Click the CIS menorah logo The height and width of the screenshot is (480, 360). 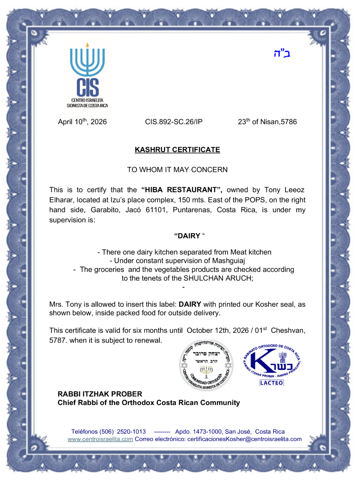pos(87,75)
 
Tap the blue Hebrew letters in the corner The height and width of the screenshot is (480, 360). pos(282,53)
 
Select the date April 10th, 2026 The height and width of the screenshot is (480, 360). pos(82,122)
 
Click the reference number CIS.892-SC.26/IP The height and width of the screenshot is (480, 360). pos(174,122)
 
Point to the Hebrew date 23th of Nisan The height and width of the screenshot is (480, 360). pos(267,122)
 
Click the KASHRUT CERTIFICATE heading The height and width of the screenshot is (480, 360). pos(177,150)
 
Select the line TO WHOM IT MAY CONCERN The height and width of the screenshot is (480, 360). pos(177,169)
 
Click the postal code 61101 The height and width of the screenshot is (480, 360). pos(155,210)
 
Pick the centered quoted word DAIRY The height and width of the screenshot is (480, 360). pos(187,236)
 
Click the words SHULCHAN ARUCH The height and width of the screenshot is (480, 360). pos(217,278)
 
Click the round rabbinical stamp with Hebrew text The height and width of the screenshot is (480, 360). pos(206,365)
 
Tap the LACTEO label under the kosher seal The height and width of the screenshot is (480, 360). pos(271,383)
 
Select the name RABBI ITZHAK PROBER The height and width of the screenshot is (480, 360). pos(100,394)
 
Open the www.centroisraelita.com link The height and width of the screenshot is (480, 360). pos(100,439)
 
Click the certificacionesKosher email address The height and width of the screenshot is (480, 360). pos(244,439)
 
